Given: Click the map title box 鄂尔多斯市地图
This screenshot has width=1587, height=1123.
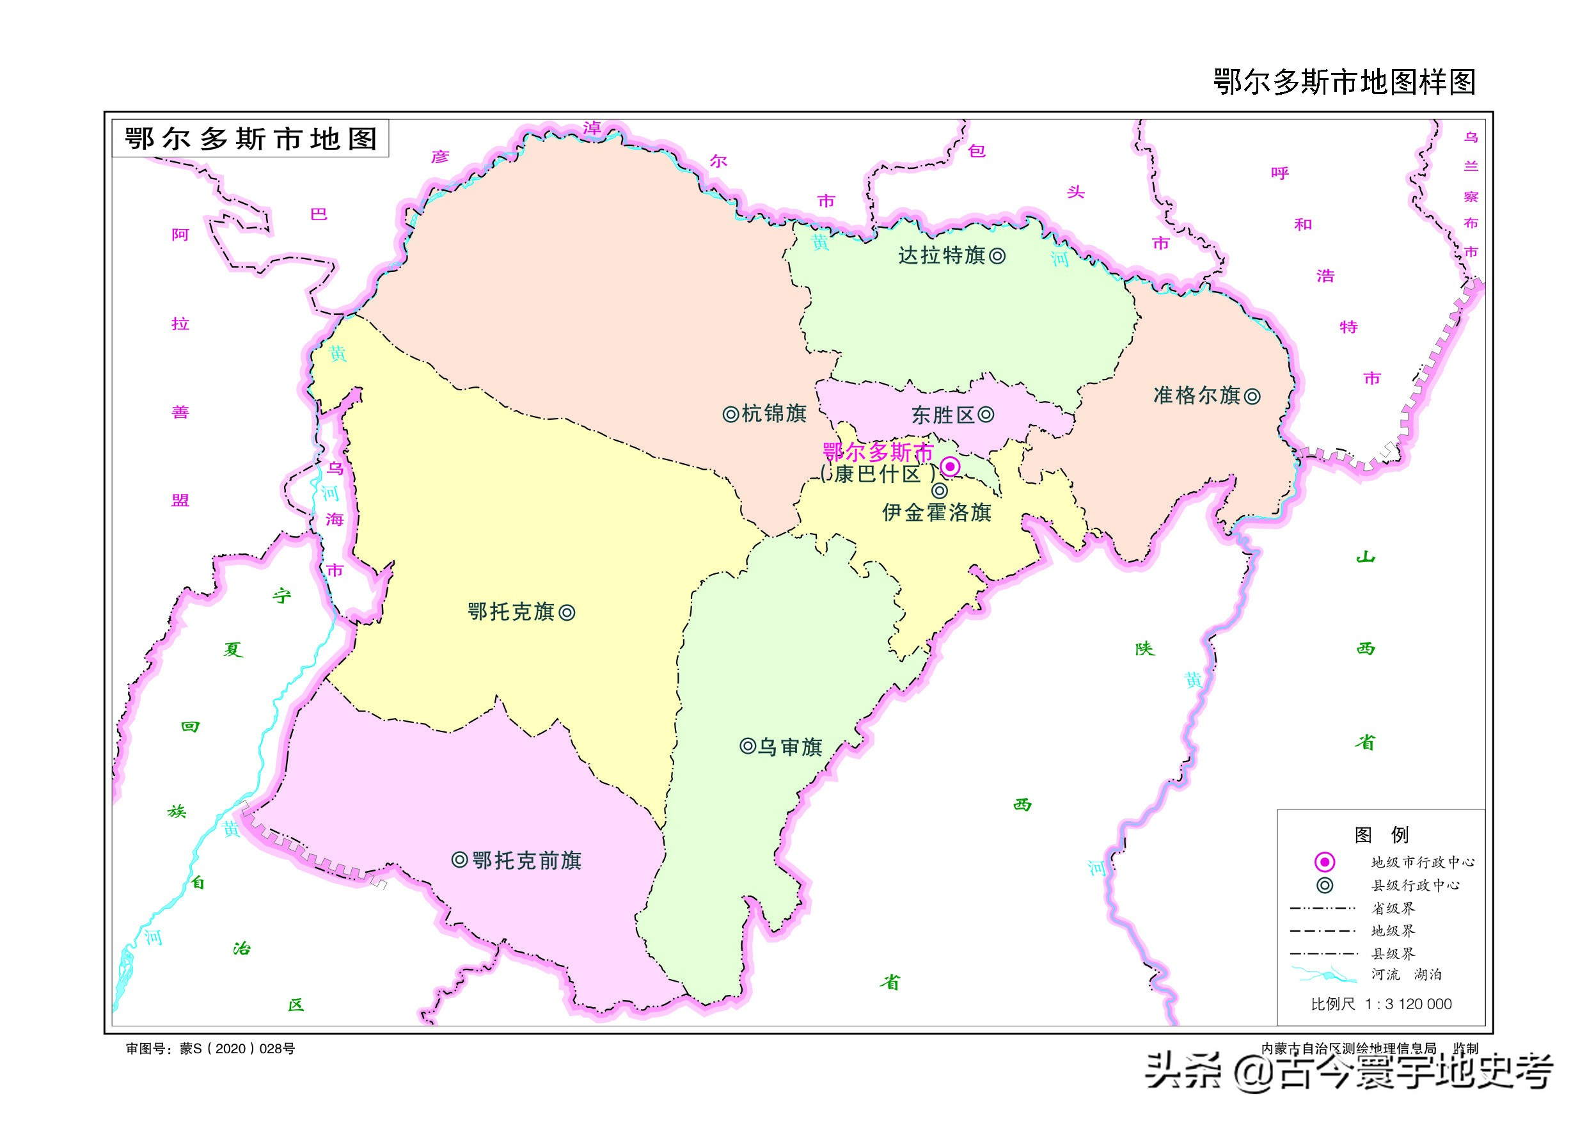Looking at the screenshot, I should (250, 139).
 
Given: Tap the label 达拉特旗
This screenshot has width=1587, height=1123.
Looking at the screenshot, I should (942, 256).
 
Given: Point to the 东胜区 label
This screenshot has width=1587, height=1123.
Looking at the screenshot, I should (943, 415).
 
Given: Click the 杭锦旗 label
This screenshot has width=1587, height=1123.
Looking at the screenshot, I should (774, 413).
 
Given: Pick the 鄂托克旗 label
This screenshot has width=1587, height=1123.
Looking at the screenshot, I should (511, 612).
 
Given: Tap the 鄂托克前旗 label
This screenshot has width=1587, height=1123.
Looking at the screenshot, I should (526, 860).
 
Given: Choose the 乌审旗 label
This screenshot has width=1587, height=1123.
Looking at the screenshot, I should (790, 747).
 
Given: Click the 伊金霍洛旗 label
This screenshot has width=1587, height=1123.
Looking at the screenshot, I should (936, 513).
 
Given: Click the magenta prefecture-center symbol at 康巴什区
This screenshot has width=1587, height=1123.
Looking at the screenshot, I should (951, 466).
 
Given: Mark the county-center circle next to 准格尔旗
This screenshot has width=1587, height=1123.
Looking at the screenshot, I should (1252, 396).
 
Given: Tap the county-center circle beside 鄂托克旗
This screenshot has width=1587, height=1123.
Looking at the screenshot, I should (567, 612).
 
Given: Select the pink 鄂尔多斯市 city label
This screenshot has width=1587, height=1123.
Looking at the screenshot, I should (878, 452).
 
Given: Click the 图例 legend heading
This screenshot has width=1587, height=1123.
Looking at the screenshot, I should (1380, 834).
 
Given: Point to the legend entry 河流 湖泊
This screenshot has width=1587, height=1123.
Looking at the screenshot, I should (1406, 975).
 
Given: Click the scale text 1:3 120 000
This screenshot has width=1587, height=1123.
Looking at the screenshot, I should (1408, 1004).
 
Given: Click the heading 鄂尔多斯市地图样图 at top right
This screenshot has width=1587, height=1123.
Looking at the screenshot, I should (1345, 83).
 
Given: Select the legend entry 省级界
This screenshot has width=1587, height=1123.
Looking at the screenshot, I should (1393, 908).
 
